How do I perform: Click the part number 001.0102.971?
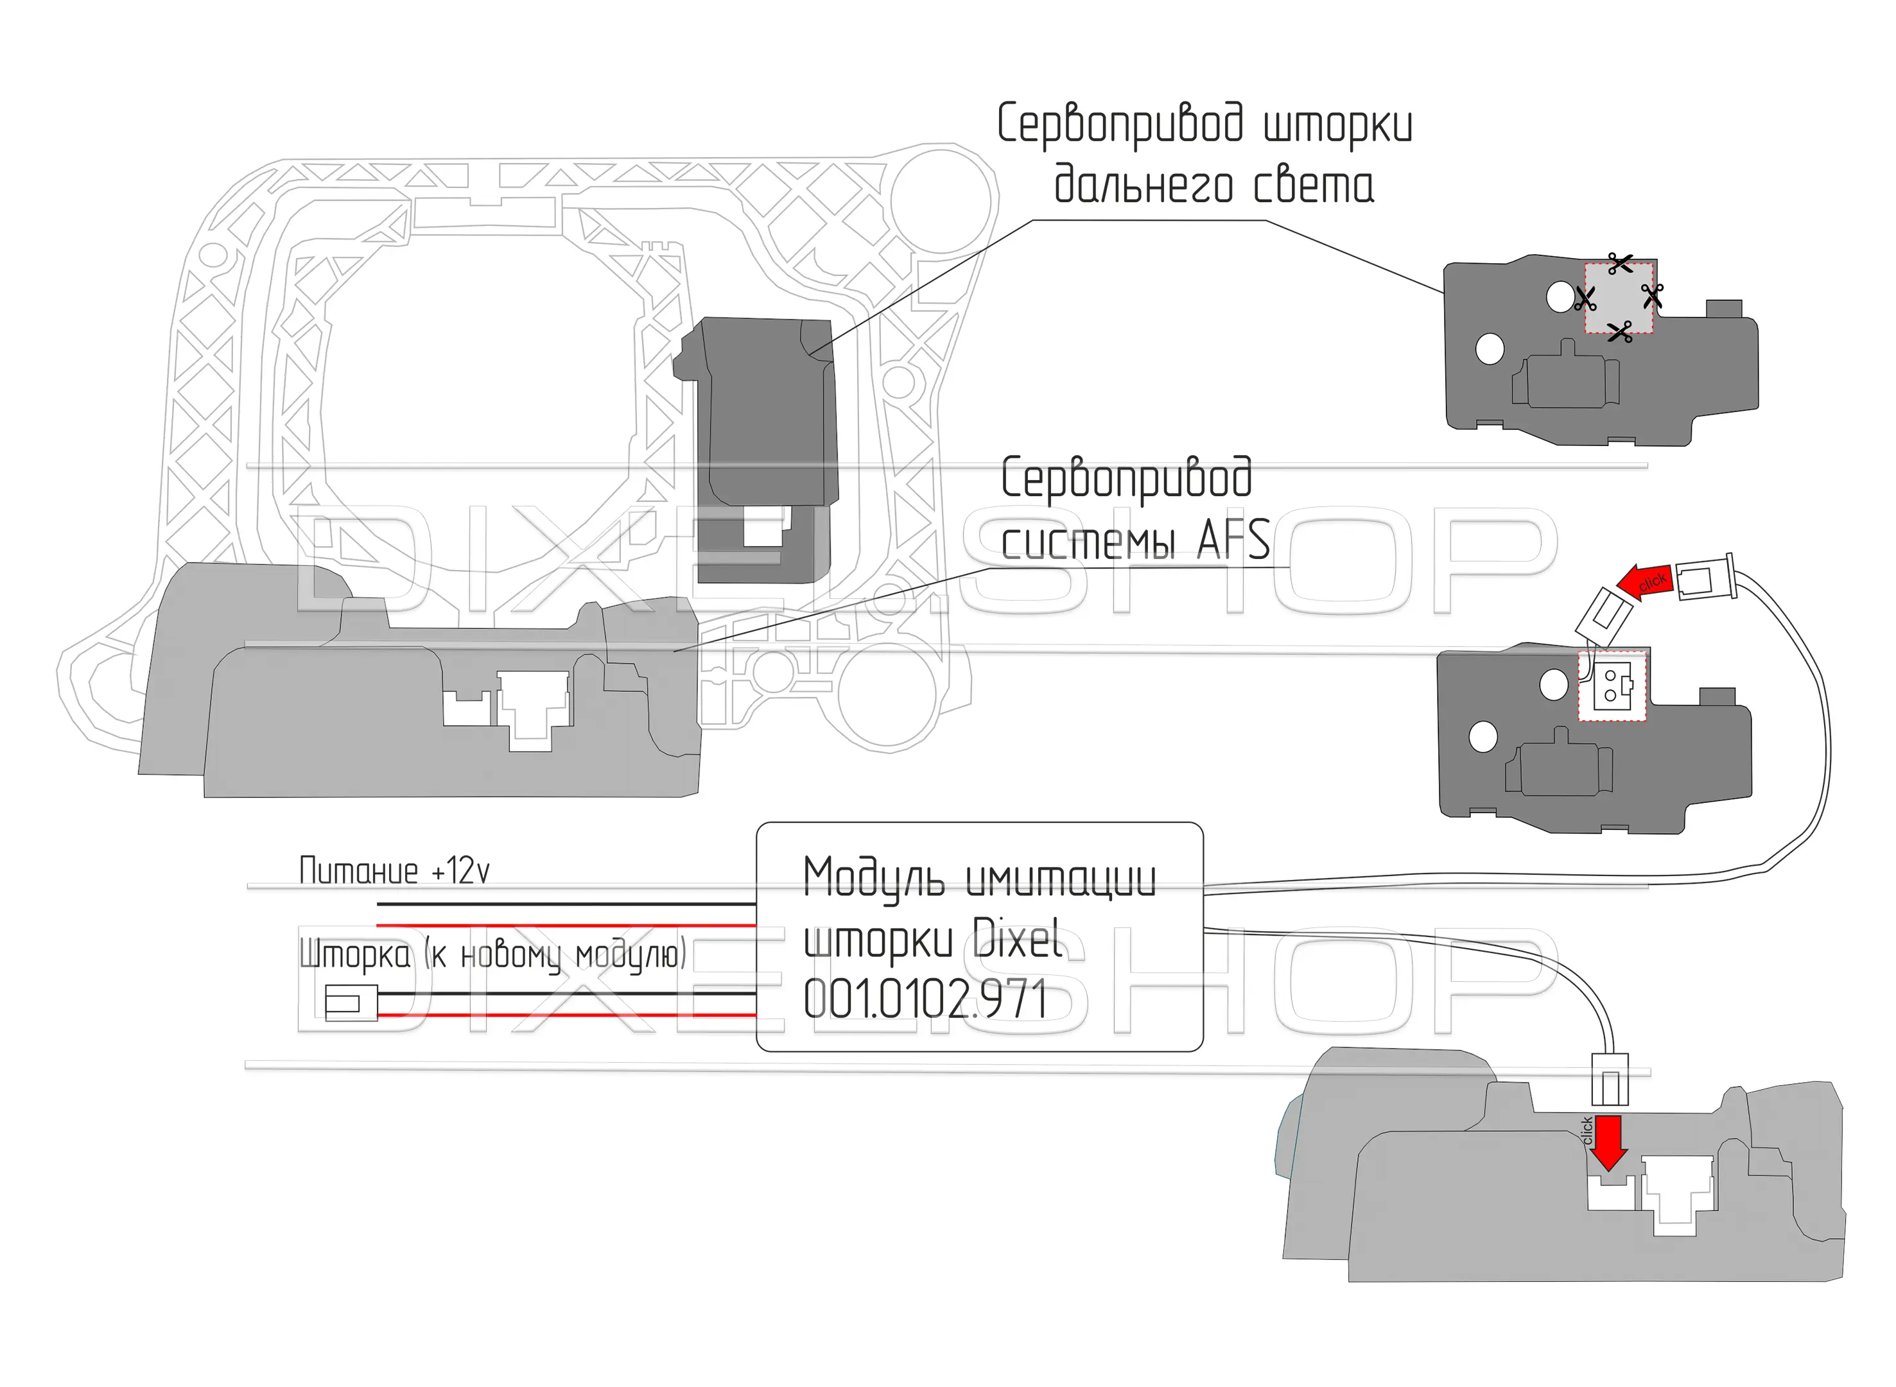point(925,999)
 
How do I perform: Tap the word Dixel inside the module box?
point(1017,938)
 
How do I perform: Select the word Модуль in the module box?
point(873,878)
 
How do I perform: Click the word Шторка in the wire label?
point(354,954)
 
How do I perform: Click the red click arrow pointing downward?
point(1607,1142)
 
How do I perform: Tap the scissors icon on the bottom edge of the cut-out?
point(1620,332)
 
